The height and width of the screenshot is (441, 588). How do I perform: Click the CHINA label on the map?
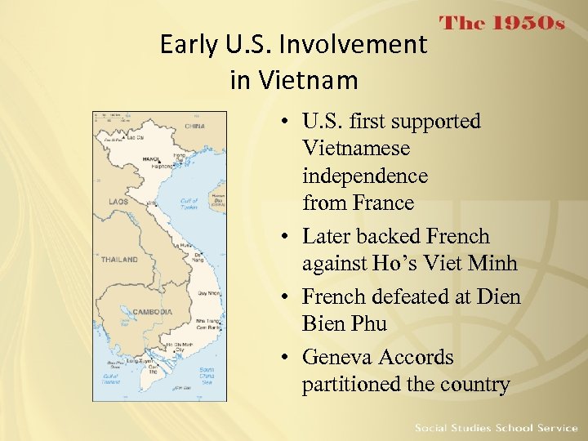[194, 127]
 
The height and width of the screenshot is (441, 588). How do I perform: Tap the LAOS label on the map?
[118, 201]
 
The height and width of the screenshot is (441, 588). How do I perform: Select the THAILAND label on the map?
[119, 260]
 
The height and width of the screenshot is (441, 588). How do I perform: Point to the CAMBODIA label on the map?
[153, 311]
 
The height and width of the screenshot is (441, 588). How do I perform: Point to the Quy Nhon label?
[209, 292]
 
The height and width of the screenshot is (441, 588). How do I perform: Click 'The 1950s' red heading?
[502, 23]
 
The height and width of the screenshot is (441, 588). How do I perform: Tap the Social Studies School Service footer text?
[496, 428]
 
